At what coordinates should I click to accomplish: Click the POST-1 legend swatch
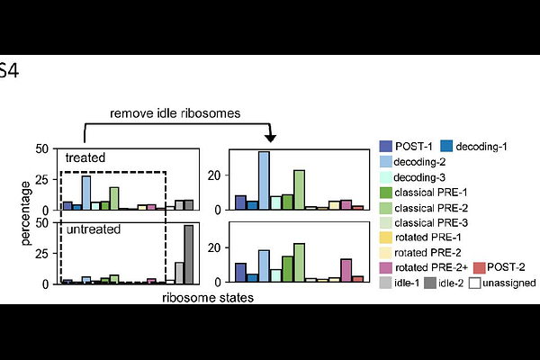[x=386, y=146]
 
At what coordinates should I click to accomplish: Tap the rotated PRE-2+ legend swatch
[x=386, y=267]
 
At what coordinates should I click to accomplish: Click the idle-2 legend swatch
[x=432, y=283]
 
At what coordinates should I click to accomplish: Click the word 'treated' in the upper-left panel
[x=85, y=157]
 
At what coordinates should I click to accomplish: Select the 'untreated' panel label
[x=91, y=229]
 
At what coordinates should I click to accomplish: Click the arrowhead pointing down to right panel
[x=270, y=137]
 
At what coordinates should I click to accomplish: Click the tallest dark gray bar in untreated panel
[x=189, y=254]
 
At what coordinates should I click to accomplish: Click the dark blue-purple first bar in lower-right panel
[x=240, y=273]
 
